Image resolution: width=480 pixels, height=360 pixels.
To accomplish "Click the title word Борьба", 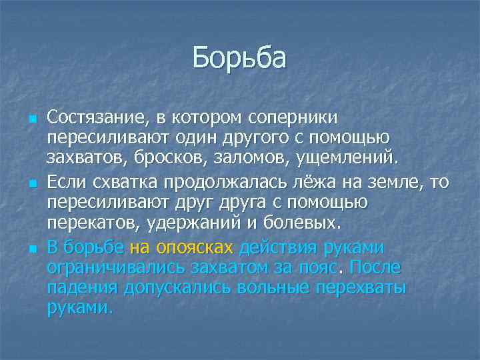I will coord(239,58).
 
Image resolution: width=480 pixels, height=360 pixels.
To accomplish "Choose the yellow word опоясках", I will coord(194,248).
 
